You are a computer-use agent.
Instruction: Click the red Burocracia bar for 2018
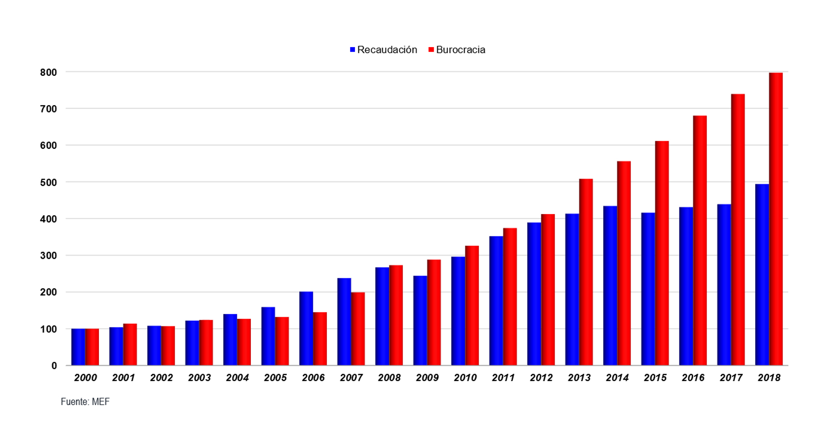[x=776, y=219]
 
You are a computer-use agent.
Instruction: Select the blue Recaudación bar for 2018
[x=762, y=275]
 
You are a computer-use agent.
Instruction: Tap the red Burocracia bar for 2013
[x=586, y=272]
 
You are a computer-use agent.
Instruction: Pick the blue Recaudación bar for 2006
[x=306, y=328]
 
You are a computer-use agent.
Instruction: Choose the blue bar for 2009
[x=420, y=321]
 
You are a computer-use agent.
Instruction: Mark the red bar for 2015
[x=662, y=253]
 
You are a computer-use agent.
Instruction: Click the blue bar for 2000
[x=78, y=347]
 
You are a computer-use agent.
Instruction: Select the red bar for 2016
[x=700, y=240]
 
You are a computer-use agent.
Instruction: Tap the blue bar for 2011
[x=496, y=300]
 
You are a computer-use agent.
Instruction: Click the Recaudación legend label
[x=387, y=50]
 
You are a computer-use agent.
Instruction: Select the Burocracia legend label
[x=461, y=50]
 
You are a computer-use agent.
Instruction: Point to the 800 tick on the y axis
[x=48, y=72]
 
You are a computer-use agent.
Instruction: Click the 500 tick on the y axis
[x=48, y=182]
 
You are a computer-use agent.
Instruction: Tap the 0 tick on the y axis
[x=54, y=366]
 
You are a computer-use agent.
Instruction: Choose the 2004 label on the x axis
[x=237, y=378]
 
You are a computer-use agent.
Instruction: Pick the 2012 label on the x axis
[x=541, y=378]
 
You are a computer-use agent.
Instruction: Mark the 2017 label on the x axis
[x=731, y=378]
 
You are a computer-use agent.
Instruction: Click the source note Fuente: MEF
[x=85, y=402]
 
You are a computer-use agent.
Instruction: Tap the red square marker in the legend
[x=431, y=50]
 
